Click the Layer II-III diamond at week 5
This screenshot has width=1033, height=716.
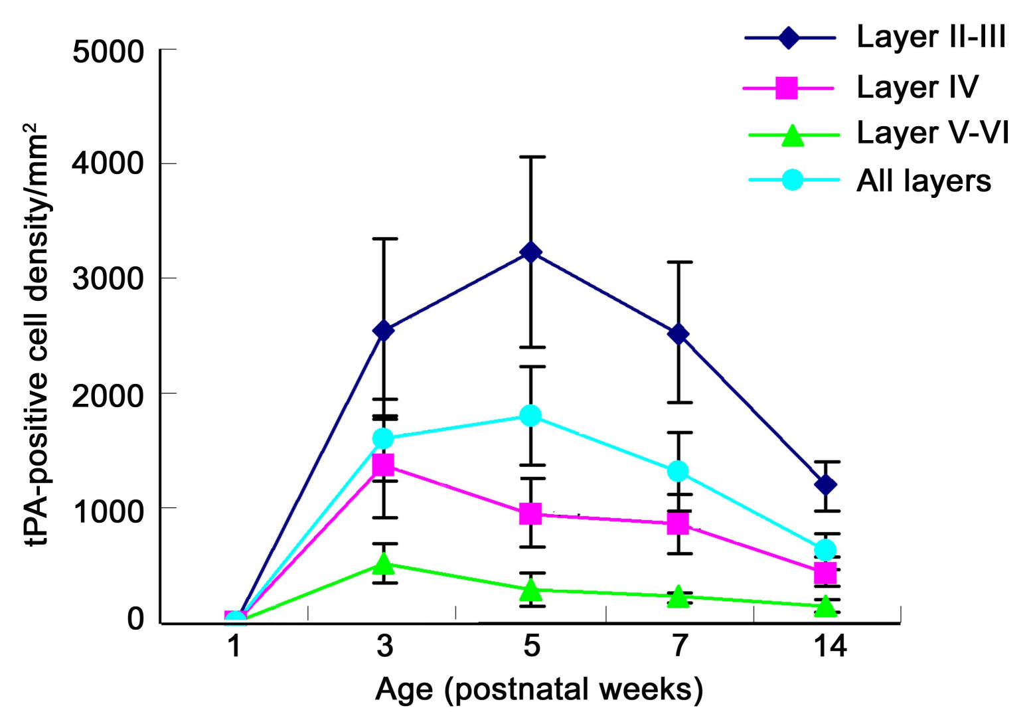530,252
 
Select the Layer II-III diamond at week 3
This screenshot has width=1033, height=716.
383,330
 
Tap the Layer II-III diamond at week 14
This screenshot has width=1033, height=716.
825,485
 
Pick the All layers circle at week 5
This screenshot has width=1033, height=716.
530,416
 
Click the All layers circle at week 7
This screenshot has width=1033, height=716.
678,471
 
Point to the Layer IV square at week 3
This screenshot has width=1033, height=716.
383,464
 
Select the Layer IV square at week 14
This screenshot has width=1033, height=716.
825,572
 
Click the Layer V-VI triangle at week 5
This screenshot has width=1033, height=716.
530,588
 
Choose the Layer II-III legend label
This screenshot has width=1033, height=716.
931,37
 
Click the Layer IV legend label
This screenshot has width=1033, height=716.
917,87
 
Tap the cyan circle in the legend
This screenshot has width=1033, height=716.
793,179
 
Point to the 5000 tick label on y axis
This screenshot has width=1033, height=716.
108,51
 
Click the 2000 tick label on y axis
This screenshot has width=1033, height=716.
108,395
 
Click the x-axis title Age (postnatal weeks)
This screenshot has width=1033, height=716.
538,689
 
